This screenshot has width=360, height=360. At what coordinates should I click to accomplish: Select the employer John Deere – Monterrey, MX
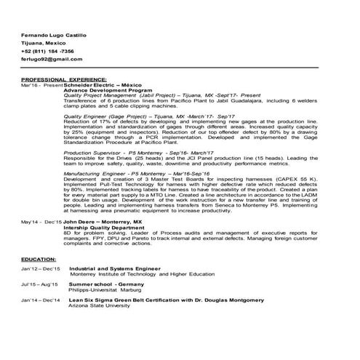coord(103,221)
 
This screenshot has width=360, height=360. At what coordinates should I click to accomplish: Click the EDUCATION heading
coord(39,260)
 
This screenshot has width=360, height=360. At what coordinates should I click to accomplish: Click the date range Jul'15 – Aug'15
coord(40,284)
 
